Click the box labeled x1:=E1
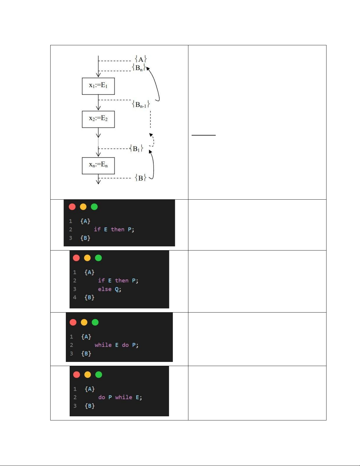tap(98, 86)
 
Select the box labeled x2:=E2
tap(98, 119)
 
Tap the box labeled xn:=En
tap(98, 166)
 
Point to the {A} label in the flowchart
tap(141, 59)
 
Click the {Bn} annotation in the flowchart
tap(139, 68)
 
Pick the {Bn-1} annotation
tap(141, 104)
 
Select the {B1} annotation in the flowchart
tap(136, 148)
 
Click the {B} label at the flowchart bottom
tap(140, 178)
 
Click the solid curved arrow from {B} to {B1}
tap(153, 165)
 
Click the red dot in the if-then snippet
tap(72, 207)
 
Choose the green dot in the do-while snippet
tap(99, 374)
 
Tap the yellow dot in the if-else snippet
tap(87, 258)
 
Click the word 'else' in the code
tap(105, 289)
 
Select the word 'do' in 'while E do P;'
tap(125, 345)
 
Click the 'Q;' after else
tap(118, 289)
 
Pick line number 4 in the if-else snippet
tap(75, 297)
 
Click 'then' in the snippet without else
tap(118, 229)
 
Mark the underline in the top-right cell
tap(203, 135)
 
